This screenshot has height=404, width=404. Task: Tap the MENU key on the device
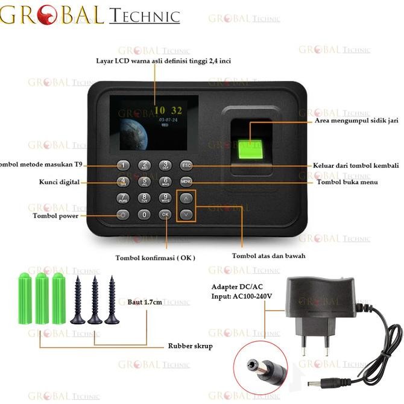coord(185,181)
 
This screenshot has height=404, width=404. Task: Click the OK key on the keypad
coord(165,214)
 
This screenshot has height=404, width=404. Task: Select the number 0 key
coord(144,214)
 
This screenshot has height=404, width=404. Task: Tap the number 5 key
coord(144,181)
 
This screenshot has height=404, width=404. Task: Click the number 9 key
coord(165,198)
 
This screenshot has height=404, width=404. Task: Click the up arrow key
coord(188,198)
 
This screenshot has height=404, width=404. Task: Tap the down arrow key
coord(188,213)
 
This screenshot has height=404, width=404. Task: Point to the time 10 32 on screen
coord(168,110)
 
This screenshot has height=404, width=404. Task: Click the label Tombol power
coord(55,216)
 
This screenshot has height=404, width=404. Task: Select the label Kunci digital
coord(58,181)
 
